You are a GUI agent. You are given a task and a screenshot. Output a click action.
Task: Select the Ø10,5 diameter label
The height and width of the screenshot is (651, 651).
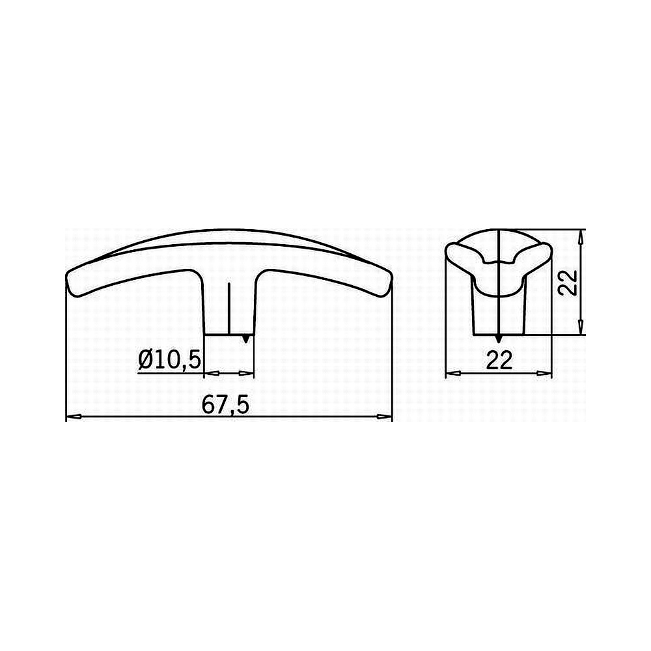(x=170, y=359)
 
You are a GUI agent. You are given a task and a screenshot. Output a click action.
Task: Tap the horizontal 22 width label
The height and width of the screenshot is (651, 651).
(x=499, y=361)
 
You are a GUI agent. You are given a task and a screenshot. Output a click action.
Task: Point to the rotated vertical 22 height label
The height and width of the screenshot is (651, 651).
(x=568, y=283)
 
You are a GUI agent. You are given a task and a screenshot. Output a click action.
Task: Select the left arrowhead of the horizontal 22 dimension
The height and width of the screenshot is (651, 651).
(x=451, y=374)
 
